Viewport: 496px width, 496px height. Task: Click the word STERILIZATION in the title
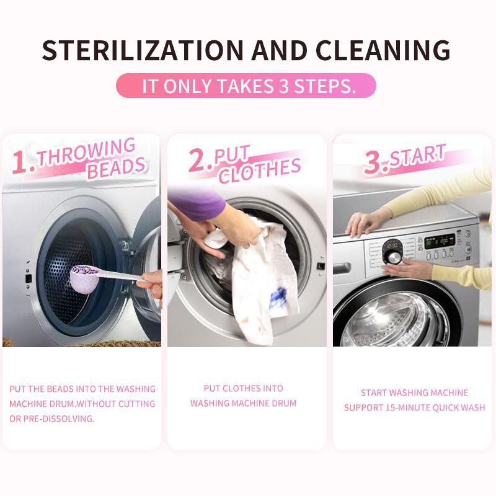tap(143, 50)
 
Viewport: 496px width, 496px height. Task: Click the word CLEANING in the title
tap(383, 50)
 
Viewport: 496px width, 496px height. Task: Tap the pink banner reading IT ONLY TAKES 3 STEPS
tap(246, 86)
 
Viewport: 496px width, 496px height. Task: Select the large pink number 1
tap(23, 162)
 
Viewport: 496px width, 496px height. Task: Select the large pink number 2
tap(200, 161)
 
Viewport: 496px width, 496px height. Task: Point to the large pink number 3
tap(376, 162)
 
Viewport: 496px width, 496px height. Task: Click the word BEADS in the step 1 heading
tap(117, 167)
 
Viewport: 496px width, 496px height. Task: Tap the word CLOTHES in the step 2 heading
tap(260, 171)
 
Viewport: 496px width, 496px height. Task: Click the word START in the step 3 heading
tap(417, 156)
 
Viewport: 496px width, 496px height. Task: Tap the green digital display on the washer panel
tap(439, 241)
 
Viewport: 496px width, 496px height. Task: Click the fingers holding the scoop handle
tap(151, 284)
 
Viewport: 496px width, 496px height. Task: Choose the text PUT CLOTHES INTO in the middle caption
tap(243, 389)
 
